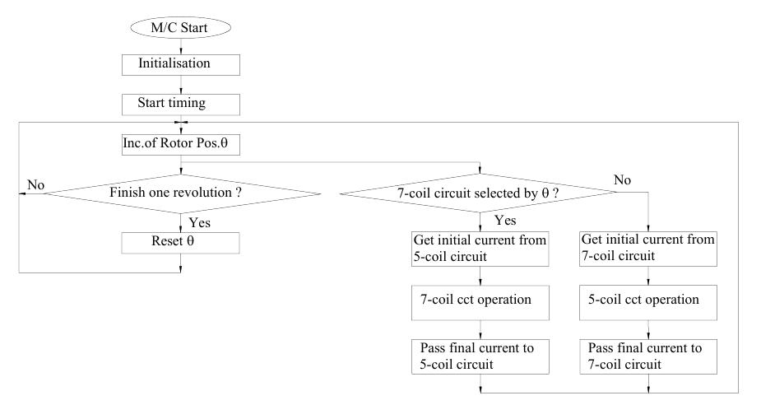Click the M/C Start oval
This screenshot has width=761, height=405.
180,28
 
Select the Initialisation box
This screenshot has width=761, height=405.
180,63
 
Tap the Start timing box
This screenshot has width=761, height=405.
180,105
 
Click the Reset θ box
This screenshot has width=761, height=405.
180,242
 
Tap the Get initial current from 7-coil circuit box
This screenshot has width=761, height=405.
647,249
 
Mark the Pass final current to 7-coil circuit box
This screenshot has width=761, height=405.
647,355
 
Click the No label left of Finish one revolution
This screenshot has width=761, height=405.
35,185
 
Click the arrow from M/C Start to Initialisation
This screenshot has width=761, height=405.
180,46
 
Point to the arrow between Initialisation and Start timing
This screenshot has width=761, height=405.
180,84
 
